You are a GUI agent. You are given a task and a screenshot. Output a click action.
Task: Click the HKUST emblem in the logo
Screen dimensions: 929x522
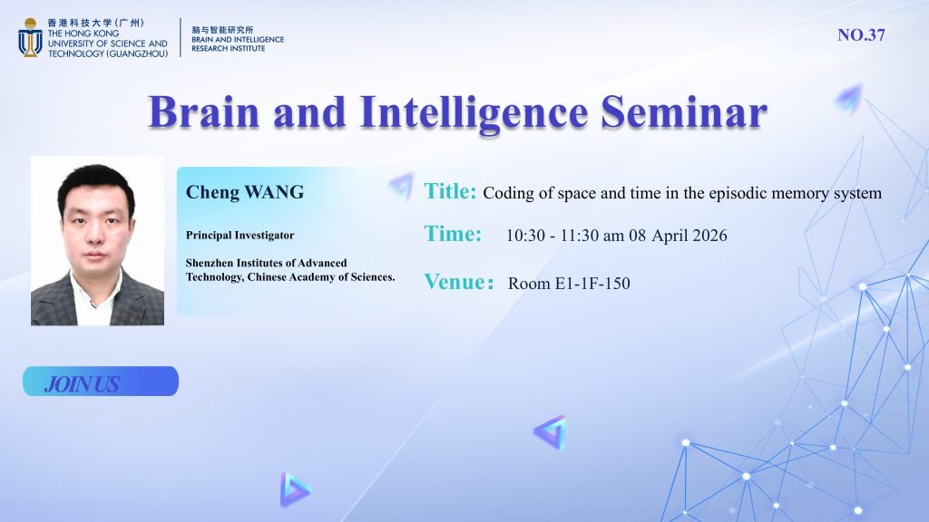30,37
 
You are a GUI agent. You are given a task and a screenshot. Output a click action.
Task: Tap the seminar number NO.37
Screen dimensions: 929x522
861,35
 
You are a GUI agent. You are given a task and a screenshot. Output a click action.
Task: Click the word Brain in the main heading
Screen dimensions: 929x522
204,111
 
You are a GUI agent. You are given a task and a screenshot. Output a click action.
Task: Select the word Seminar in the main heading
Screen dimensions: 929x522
684,111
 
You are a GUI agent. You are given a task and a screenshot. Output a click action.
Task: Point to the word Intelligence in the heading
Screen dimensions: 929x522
474,113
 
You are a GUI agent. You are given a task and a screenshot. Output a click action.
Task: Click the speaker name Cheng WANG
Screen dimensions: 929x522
245,192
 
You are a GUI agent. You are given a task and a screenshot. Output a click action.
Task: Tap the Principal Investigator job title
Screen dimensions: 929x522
240,235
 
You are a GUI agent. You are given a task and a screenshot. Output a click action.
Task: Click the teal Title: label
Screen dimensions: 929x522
450,191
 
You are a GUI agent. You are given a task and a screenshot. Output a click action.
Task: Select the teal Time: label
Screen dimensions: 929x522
453,234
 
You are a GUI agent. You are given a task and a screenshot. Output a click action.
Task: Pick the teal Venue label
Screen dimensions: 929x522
458,282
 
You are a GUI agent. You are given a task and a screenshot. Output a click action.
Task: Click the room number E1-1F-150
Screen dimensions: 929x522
592,284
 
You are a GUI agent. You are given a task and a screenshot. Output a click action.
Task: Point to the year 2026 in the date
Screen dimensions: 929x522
709,236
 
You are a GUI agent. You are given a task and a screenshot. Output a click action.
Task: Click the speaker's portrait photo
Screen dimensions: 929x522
97,241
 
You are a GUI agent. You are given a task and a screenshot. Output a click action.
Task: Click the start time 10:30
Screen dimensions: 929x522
525,236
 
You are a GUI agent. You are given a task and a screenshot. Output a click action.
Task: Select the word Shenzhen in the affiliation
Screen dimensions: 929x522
210,263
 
